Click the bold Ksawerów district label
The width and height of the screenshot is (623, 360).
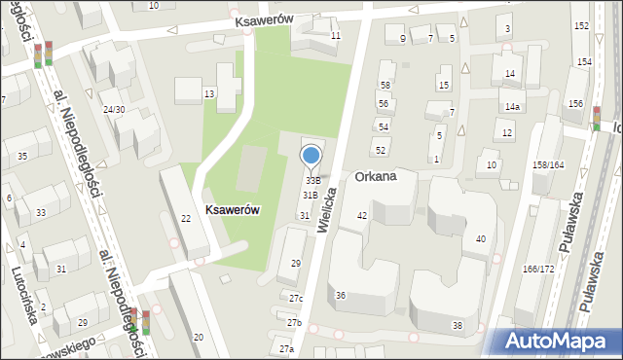(232, 209)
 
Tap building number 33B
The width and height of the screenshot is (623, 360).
(312, 181)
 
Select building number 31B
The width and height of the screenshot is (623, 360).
(310, 196)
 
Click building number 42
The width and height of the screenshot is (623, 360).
(362, 216)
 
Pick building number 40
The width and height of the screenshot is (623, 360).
(480, 239)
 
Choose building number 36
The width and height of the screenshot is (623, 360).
(341, 296)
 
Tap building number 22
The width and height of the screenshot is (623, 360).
(186, 218)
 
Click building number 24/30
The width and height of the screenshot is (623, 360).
(114, 109)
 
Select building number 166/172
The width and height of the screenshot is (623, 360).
(537, 268)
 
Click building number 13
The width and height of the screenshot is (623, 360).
(208, 92)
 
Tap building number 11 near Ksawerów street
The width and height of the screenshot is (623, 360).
(336, 36)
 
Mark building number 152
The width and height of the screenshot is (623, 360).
(581, 25)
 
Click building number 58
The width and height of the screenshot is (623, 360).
(385, 87)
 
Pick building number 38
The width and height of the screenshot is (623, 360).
(458, 325)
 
